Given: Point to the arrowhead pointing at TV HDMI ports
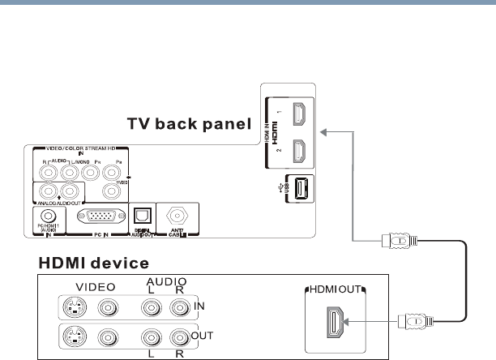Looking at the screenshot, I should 323,131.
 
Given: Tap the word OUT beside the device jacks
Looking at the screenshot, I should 205,335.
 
